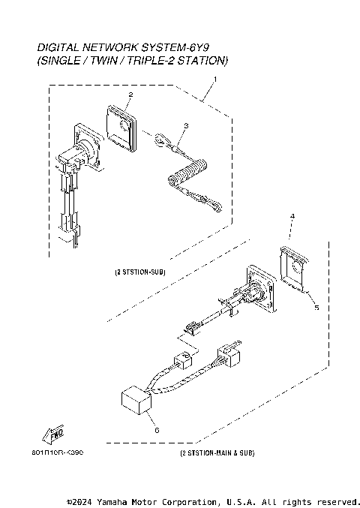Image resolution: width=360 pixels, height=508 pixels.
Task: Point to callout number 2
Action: (x=130, y=95)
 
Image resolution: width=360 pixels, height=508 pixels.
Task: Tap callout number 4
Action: (x=292, y=216)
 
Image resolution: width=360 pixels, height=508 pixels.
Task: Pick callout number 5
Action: (x=316, y=308)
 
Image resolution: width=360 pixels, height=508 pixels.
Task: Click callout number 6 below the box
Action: (x=156, y=430)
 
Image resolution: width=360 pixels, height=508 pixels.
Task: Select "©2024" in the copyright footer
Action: (x=79, y=500)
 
